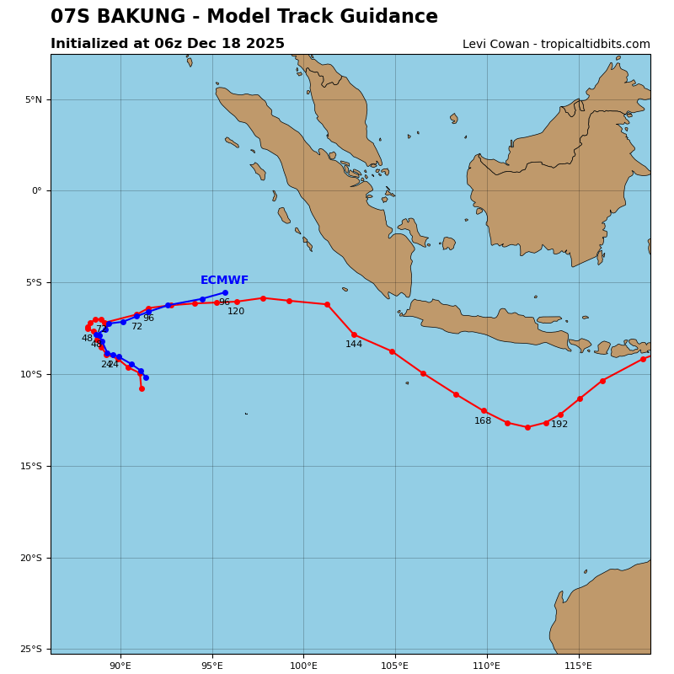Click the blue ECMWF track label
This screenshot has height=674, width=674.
tap(224, 281)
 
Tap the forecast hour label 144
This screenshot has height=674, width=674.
tap(354, 345)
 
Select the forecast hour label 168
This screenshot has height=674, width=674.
tap(483, 421)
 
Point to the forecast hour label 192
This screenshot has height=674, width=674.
tap(559, 425)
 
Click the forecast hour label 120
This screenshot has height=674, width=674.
tap(236, 312)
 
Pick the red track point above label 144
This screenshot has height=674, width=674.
tap(354, 334)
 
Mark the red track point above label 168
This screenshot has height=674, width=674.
tap(484, 410)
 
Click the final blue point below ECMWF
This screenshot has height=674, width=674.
tap(225, 292)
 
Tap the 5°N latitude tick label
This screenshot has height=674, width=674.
tap(33, 99)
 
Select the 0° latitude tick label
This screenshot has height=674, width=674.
tap(36, 191)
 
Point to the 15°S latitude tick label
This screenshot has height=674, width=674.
tap(31, 466)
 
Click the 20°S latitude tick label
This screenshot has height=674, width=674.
tap(31, 558)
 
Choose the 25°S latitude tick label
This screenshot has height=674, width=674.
tap(31, 649)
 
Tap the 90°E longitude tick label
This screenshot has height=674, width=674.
tap(120, 666)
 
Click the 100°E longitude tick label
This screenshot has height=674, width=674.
tap(303, 666)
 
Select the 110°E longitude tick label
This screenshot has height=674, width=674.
tap(487, 666)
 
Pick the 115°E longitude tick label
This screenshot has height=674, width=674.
tap(578, 666)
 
